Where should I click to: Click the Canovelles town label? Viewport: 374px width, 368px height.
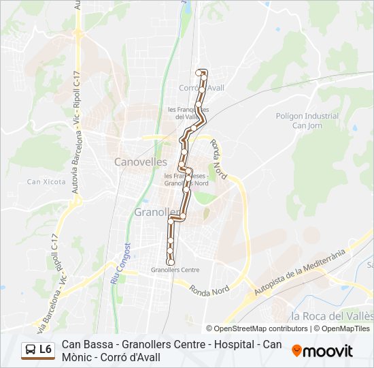click(141, 162)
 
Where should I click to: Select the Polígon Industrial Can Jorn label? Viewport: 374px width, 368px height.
click(307, 121)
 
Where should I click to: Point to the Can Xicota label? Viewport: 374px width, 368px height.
click(46, 182)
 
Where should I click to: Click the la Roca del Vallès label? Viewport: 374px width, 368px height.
click(331, 316)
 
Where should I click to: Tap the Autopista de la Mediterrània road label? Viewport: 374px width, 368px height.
click(300, 273)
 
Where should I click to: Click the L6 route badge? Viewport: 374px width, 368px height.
click(46, 350)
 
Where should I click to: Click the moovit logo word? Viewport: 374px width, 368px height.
click(328, 351)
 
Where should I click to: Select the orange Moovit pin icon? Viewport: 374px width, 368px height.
click(297, 350)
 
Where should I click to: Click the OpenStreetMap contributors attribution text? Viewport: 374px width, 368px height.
click(261, 328)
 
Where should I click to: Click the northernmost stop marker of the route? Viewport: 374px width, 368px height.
click(199, 72)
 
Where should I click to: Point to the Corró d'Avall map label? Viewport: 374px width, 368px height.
click(201, 88)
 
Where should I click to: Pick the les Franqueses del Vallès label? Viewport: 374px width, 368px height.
click(192, 112)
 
